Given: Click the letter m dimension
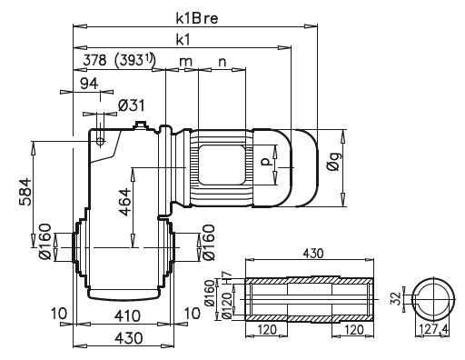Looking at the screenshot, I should [x=186, y=61].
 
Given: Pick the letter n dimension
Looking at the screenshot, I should [x=221, y=61].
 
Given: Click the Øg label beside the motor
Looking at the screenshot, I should [x=336, y=164].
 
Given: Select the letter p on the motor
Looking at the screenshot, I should [x=264, y=164].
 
